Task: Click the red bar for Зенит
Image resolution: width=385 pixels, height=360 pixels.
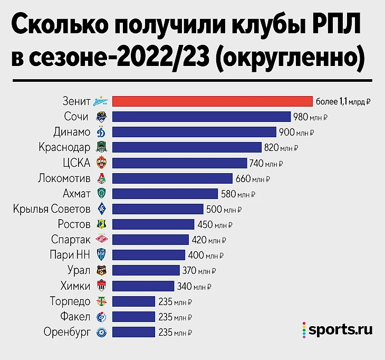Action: pyautogui.click(x=213, y=101)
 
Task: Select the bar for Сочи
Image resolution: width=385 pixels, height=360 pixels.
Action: pyautogui.click(x=201, y=117)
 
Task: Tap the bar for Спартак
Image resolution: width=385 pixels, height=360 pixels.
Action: pyautogui.click(x=150, y=240)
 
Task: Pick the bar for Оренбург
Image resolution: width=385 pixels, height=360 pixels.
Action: pyautogui.click(x=134, y=332)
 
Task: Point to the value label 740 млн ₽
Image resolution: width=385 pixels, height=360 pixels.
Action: pyautogui.click(x=266, y=163)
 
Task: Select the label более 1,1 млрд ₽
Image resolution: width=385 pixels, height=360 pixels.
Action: pyautogui.click(x=343, y=102)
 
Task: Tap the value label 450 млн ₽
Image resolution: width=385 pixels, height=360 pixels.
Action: pyautogui.click(x=215, y=224)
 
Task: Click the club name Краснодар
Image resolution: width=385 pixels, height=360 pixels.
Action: pyautogui.click(x=65, y=147)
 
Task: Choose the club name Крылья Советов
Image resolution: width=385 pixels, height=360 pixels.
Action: pyautogui.click(x=52, y=209)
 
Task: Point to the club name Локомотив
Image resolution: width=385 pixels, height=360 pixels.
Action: pyautogui.click(x=64, y=178)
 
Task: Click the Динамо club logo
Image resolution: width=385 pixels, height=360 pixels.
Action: pyautogui.click(x=101, y=132)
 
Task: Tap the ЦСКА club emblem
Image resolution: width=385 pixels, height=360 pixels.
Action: pyautogui.click(x=101, y=163)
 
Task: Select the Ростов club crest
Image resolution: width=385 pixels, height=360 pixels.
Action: pyautogui.click(x=101, y=224)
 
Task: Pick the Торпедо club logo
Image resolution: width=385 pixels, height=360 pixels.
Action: pyautogui.click(x=101, y=301)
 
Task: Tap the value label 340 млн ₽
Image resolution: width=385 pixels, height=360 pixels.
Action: pyautogui.click(x=194, y=286)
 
